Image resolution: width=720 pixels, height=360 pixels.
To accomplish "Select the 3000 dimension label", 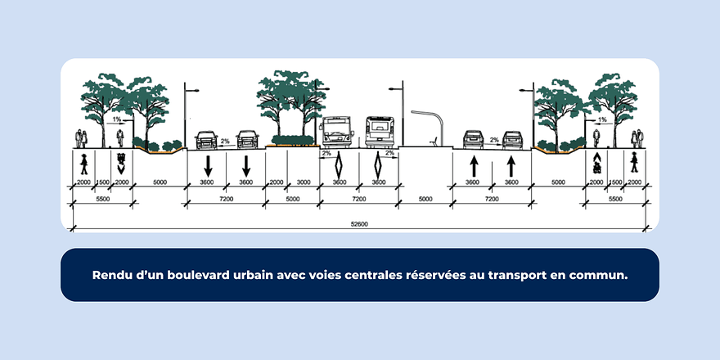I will click(303, 182).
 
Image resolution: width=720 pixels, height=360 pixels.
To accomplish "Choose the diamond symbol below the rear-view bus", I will click(379, 164).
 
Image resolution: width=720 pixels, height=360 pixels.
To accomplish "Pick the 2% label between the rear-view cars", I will click(493, 141).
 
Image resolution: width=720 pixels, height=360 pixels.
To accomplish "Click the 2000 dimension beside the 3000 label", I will click(276, 182).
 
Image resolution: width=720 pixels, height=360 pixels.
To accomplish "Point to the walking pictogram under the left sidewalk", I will click(83, 164).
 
